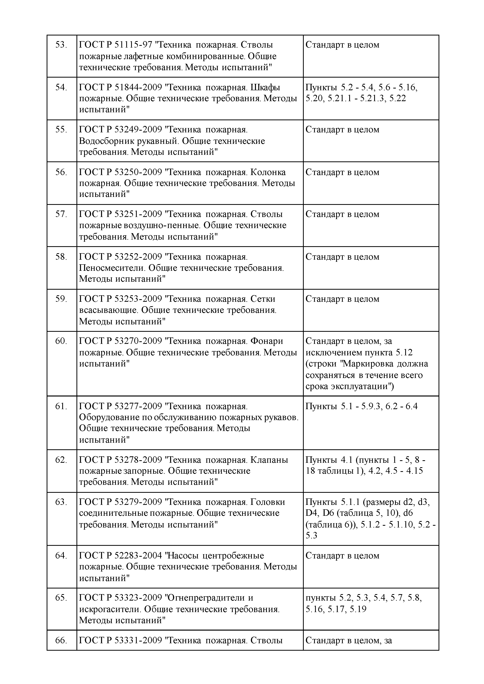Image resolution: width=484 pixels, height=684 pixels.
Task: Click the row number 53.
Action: (x=61, y=45)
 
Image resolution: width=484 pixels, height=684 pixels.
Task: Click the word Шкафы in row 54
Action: (x=265, y=88)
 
